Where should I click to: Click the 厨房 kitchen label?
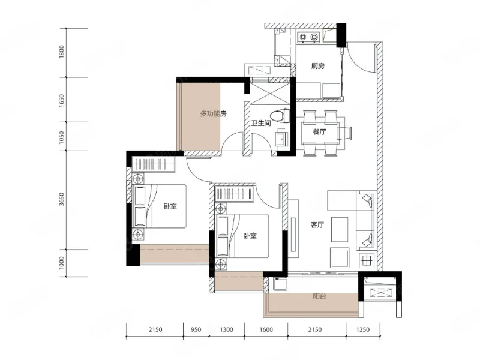point(318,66)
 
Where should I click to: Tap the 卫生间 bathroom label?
point(261,123)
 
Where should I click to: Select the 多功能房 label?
point(214,114)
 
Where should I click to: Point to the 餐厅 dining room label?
point(319,131)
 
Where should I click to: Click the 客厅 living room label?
point(317,224)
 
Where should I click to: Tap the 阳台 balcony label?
point(319,296)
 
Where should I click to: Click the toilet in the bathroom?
point(282,115)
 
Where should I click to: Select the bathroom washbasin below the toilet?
point(282,139)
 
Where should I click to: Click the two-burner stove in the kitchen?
point(308,37)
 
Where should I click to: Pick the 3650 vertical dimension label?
point(62,199)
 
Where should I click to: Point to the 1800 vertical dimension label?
point(62,52)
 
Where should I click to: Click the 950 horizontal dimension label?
point(196,329)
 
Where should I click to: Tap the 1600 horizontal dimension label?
point(266,329)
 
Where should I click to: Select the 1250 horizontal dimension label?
point(363,329)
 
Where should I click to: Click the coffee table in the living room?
point(340,230)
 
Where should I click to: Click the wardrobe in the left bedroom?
point(154,164)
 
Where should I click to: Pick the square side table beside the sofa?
point(367,261)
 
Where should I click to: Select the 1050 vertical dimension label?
point(62,137)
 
